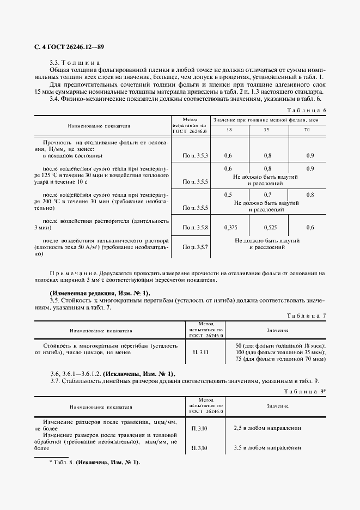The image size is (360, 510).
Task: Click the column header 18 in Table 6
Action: point(229,130)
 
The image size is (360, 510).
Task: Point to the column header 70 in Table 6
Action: point(307,130)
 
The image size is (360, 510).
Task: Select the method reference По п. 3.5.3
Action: point(196,156)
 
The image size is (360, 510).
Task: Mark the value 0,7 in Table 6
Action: point(267,195)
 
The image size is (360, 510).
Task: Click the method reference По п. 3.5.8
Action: point(196,227)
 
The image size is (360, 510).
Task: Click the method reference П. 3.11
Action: point(199,353)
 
